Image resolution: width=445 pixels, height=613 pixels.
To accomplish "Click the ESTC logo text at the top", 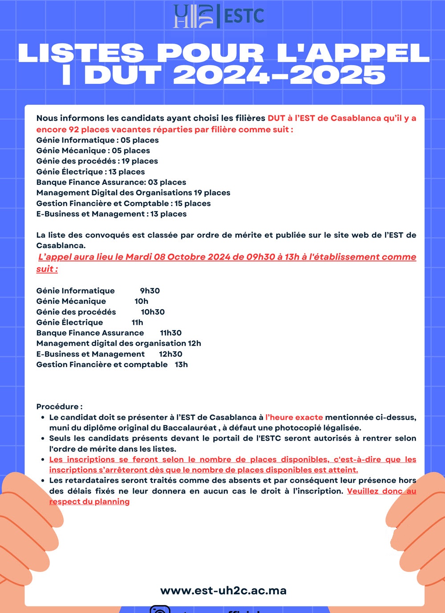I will [x=244, y=16].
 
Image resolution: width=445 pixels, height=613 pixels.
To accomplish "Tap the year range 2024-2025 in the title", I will [x=279, y=75].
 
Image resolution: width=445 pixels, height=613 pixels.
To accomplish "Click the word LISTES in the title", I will [x=81, y=53].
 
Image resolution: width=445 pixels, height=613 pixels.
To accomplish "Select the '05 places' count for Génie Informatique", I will [x=140, y=140].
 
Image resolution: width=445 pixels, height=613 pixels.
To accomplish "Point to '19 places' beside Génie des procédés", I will [x=140, y=161].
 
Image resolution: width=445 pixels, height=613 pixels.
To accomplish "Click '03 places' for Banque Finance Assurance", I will [x=167, y=182].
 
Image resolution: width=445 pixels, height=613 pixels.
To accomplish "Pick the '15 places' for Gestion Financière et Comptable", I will [x=192, y=203].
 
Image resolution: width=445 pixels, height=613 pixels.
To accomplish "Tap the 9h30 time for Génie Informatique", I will [x=150, y=290].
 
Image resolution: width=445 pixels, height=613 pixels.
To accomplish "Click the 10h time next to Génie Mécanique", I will [x=142, y=301].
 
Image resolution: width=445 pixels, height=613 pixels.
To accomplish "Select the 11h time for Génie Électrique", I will [x=138, y=322].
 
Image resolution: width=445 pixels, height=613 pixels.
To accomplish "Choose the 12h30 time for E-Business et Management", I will [x=171, y=354].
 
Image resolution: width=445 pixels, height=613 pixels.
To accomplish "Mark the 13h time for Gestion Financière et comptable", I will [x=182, y=364].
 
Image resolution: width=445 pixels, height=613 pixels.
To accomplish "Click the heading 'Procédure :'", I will [x=59, y=406].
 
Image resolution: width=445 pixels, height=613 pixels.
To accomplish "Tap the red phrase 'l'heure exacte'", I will [x=294, y=417].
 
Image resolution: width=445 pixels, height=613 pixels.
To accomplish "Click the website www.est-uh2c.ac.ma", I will [x=223, y=591].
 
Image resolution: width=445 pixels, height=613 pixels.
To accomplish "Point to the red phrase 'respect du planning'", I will [x=89, y=502].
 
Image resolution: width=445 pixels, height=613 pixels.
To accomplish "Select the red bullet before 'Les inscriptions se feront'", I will [x=43, y=460].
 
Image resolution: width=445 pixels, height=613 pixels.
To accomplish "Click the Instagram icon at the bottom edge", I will [x=160, y=609].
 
